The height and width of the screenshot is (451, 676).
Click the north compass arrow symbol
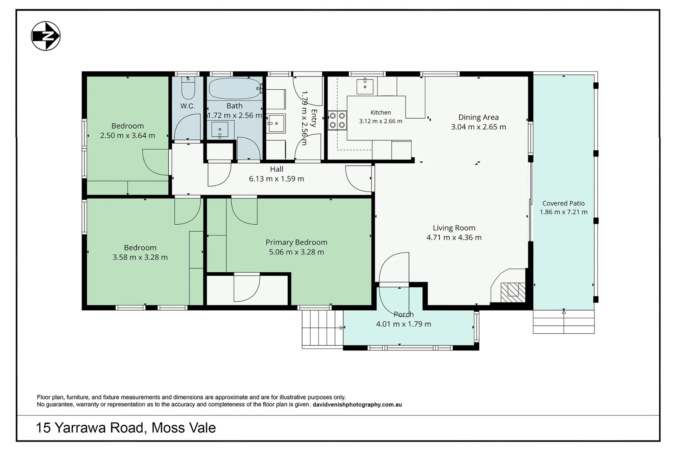coord(46,36)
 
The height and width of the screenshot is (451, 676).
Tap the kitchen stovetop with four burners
coord(337,120)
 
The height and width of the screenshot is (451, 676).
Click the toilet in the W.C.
coord(188,88)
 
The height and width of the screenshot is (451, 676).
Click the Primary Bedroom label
coord(296,242)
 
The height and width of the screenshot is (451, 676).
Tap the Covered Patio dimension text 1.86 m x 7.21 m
coord(563,212)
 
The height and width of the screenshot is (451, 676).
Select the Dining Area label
coord(478,117)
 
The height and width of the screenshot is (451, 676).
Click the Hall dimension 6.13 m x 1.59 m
coord(276,179)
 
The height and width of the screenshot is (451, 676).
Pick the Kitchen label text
coord(381,112)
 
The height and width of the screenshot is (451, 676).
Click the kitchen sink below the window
coord(365,86)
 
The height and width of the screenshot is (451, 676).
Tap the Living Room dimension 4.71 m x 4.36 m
coord(454,238)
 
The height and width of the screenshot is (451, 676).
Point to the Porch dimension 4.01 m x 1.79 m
coord(404,324)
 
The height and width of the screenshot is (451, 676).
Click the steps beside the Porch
coord(322,329)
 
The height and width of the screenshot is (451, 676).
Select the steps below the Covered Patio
coord(564,322)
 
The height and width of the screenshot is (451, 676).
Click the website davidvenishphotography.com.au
coord(357,405)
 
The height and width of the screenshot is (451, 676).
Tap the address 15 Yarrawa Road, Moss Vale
coord(126,428)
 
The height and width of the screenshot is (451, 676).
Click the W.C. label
coord(188,106)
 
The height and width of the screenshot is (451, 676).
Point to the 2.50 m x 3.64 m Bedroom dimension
coord(127,136)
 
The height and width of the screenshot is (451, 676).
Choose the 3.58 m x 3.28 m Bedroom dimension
coord(140,257)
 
